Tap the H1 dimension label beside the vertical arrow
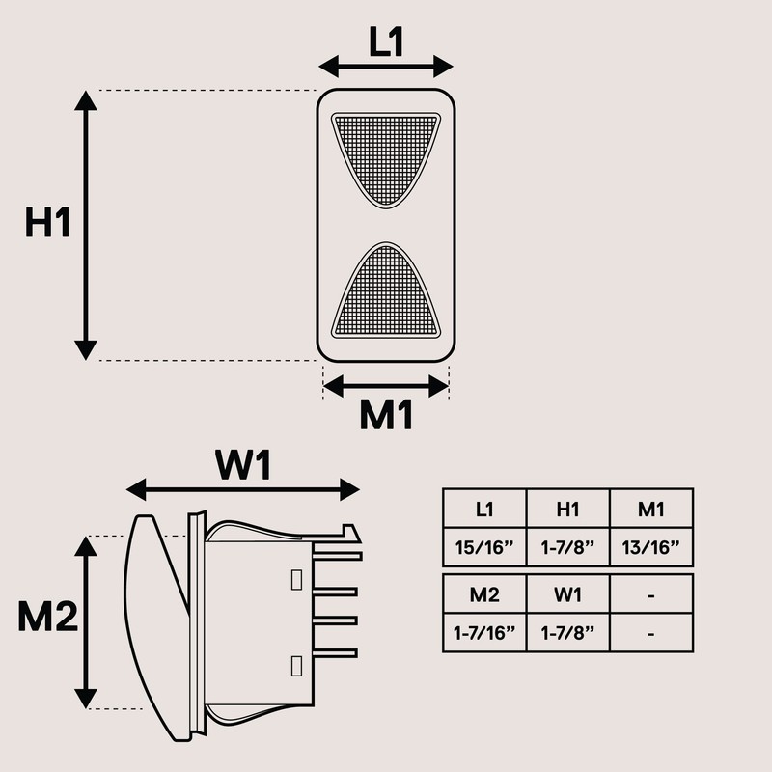pos(48,224)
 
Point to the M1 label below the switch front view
pos(386,416)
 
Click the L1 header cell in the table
pos(484,509)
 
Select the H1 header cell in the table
pos(567,509)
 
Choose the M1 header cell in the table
pos(651,509)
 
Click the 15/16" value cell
pos(484,547)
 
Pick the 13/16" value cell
pos(651,547)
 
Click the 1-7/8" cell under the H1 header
pos(567,547)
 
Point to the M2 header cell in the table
pos(484,594)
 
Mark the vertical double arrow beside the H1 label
pos(87,224)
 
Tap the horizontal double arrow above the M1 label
pos(386,386)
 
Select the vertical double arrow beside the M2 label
pos(88,622)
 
